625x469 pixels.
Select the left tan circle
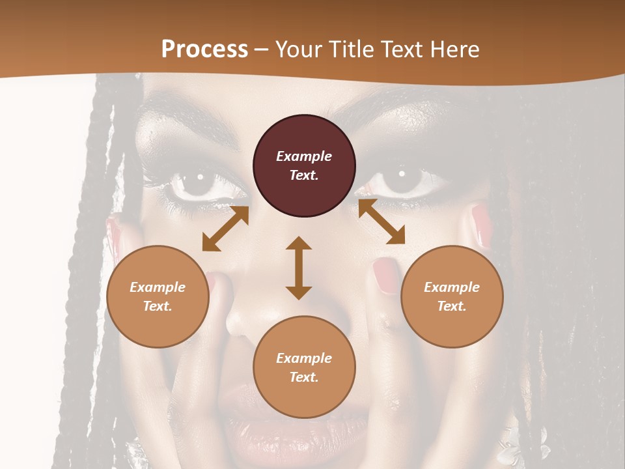158,296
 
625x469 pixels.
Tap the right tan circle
452,296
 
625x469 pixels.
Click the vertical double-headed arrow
299,268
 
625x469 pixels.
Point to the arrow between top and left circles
225,229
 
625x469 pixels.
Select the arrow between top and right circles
382,222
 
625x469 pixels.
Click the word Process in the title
204,50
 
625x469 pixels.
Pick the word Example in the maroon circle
304,156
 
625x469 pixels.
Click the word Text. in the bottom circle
304,377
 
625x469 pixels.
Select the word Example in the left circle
158,287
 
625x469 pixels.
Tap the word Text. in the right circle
452,306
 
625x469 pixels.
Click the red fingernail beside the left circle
212,281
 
